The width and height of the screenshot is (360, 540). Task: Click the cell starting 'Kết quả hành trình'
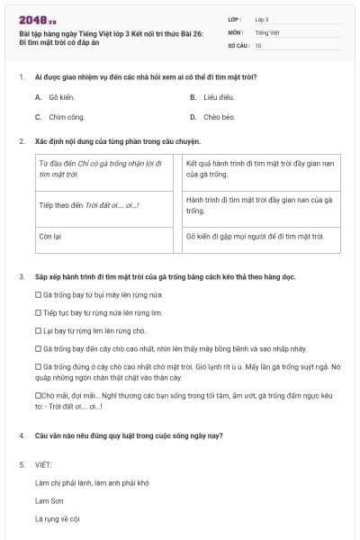259,169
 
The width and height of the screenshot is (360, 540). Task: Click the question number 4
22,436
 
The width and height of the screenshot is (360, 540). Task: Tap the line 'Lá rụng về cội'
58,518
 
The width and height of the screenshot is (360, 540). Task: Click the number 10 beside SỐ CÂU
258,45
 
